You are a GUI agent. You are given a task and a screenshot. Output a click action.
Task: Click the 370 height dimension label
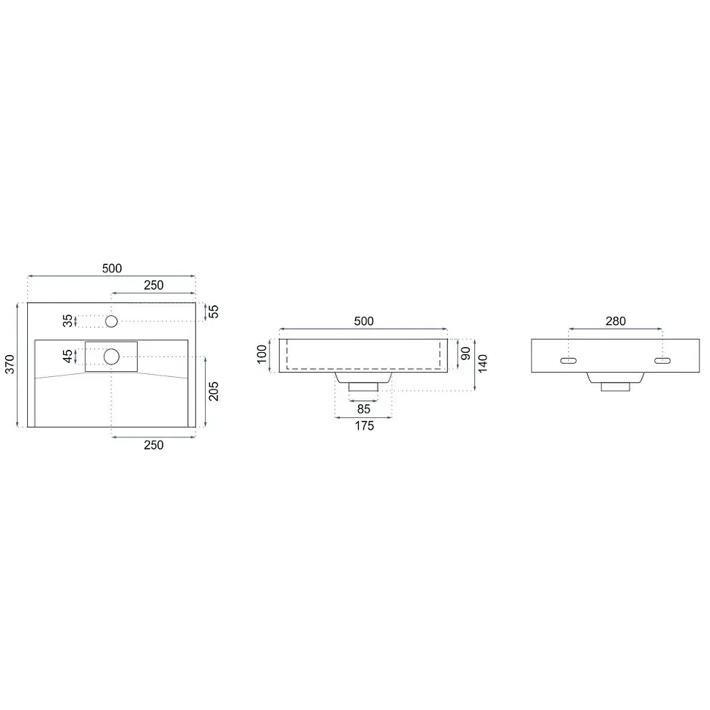[x=10, y=365]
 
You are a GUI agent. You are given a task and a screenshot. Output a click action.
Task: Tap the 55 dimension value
[x=213, y=312]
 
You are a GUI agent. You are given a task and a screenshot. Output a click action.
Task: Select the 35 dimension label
[x=67, y=321]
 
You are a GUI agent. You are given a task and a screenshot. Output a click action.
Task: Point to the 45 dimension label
[x=67, y=356]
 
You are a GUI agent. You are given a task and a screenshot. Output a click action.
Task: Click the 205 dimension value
[x=213, y=391]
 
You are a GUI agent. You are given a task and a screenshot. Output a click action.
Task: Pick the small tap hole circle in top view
[x=111, y=321]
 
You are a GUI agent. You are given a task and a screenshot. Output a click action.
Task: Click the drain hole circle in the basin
[x=111, y=356]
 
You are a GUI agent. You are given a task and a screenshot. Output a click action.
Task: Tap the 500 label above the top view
[x=112, y=269]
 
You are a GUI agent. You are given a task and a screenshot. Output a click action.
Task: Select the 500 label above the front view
[x=364, y=321]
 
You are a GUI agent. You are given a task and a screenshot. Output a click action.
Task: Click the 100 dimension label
[x=262, y=354]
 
